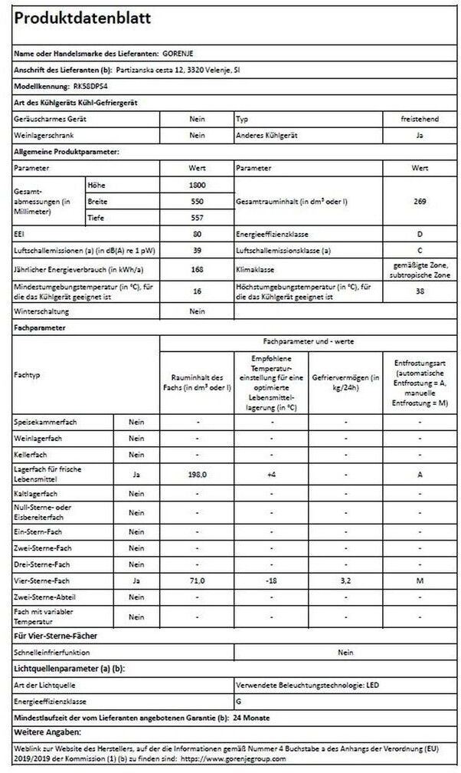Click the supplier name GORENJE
coord(179,54)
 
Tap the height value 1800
coord(196,186)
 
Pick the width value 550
coord(196,202)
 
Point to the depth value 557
coord(196,219)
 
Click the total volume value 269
coord(420,202)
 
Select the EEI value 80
coord(196,235)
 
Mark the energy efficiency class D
coord(420,235)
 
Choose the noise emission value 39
coord(196,252)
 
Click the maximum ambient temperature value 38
coord(420,292)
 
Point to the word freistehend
coord(420,121)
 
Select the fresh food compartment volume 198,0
coord(197,475)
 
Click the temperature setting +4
coord(271,475)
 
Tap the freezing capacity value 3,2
coord(345,581)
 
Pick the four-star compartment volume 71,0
coord(197,581)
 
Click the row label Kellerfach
coord(31,456)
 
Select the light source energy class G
coord(239,701)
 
